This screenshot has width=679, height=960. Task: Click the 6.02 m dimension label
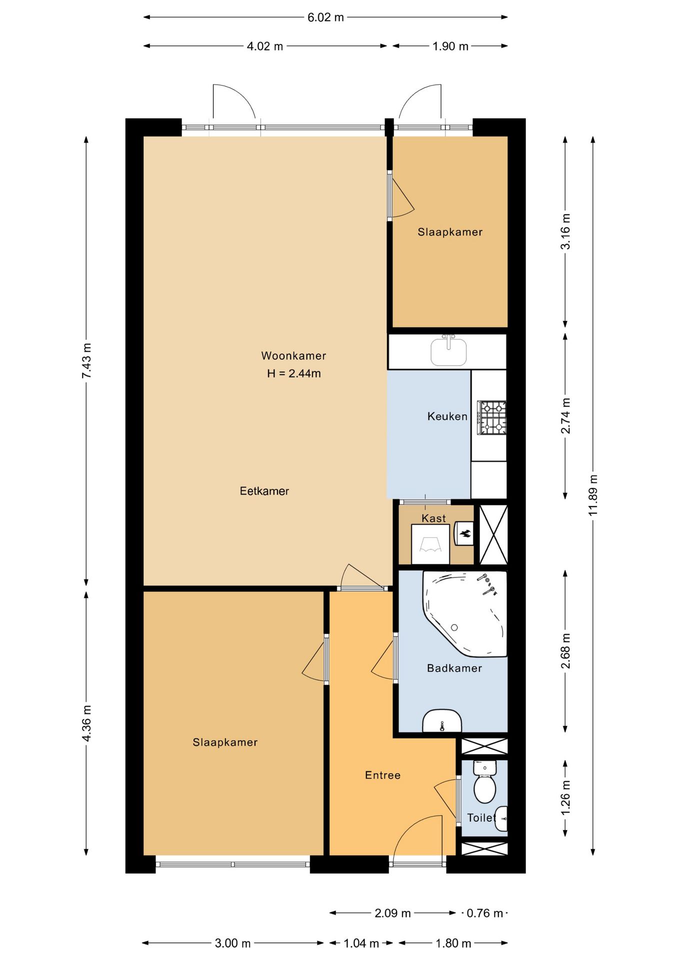(325, 17)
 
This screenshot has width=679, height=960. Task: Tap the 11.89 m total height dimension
(593, 495)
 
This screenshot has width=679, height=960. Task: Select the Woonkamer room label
(293, 356)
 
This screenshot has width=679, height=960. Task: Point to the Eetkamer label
(264, 491)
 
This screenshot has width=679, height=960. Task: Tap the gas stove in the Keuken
(491, 417)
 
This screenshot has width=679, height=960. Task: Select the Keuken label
(447, 416)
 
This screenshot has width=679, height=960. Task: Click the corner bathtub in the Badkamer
(465, 613)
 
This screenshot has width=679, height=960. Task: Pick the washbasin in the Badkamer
(442, 721)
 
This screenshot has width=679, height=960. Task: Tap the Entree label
(382, 775)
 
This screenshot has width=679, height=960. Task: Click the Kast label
(433, 518)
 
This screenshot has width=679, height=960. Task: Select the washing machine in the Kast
(430, 544)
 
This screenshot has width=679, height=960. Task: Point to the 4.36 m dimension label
(86, 723)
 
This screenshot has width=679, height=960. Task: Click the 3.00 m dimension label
(232, 943)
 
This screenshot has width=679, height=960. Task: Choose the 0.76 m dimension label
(484, 913)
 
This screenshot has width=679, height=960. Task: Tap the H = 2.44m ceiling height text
(294, 373)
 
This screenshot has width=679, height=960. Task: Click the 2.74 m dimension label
(565, 416)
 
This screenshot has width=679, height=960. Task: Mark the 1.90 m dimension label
(450, 46)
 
